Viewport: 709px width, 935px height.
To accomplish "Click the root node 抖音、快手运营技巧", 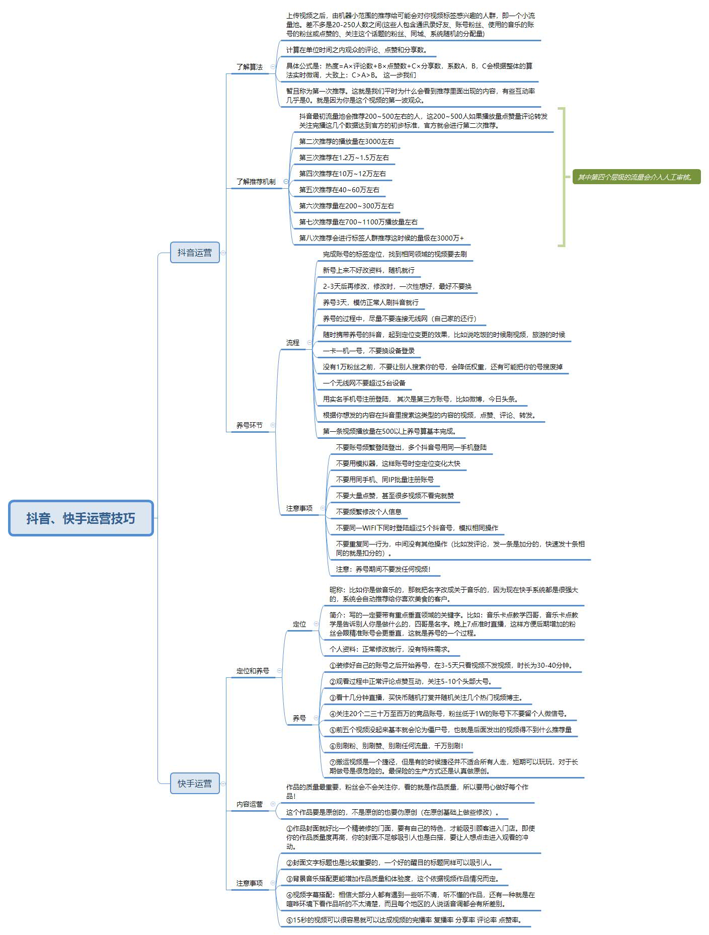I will pyautogui.click(x=81, y=518).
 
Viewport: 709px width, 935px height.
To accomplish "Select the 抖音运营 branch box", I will pyautogui.click(x=195, y=252).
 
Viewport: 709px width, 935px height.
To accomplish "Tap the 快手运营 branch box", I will pyautogui.click(x=195, y=784).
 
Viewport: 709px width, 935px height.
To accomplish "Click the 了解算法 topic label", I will pyautogui.click(x=250, y=66).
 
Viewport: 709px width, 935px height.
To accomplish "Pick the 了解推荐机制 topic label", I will pyautogui.click(x=256, y=182).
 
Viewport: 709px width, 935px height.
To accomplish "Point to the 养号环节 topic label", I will pyautogui.click(x=250, y=425).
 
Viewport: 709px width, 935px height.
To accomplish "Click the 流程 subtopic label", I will pyautogui.click(x=293, y=343).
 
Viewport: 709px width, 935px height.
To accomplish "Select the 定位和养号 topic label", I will pyautogui.click(x=253, y=671).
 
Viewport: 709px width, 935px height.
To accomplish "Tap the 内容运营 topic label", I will pyautogui.click(x=250, y=804).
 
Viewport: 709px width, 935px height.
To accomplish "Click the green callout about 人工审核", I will pyautogui.click(x=637, y=177).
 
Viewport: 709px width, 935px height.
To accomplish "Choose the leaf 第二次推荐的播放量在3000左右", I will pyautogui.click(x=347, y=141).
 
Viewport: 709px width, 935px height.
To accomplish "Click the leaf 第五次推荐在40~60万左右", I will pyautogui.click(x=339, y=190).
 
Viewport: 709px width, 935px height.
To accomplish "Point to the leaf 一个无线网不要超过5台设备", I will pyautogui.click(x=364, y=383).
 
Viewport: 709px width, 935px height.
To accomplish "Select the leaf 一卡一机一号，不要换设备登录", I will pyautogui.click(x=369, y=351).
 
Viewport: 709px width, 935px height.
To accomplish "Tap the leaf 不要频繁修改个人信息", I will pyautogui.click(x=369, y=512).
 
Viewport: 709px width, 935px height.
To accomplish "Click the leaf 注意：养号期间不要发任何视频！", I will pyautogui.click(x=383, y=569).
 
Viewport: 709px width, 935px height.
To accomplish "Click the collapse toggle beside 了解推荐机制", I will pyautogui.click(x=286, y=182).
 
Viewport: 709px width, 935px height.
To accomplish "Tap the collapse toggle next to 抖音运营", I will pyautogui.click(x=223, y=253).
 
